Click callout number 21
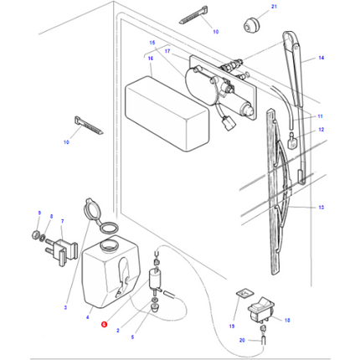248,7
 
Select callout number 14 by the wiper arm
321,59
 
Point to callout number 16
152,59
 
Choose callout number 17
167,52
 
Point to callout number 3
66,308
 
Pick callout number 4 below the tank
86,318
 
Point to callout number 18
287,321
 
